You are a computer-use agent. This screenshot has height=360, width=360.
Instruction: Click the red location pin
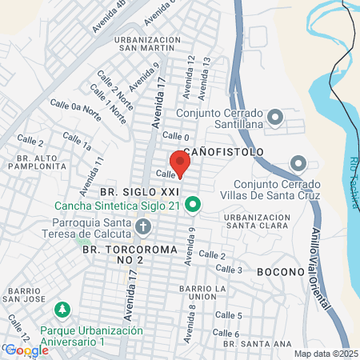click(180, 163)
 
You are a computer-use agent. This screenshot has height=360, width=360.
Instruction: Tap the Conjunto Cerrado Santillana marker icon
click(274, 118)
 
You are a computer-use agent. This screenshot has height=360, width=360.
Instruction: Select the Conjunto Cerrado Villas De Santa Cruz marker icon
click(298, 164)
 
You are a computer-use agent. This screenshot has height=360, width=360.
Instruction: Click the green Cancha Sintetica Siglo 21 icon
click(192, 206)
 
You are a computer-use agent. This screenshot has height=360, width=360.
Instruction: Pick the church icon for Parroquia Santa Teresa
click(143, 228)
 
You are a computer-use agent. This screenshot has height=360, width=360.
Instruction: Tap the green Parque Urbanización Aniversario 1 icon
click(61, 309)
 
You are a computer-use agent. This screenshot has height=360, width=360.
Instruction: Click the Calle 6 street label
click(226, 333)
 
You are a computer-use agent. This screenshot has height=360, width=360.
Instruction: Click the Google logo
click(26, 350)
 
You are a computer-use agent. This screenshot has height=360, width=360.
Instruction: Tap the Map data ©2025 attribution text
click(326, 354)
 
